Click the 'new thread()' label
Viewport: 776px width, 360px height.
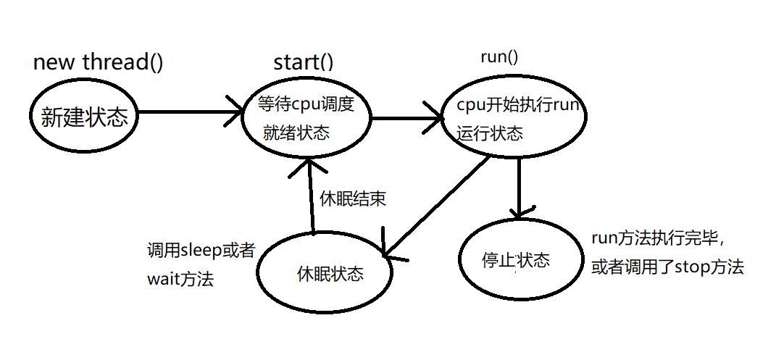[x=98, y=62]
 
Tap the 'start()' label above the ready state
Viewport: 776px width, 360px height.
[x=304, y=62]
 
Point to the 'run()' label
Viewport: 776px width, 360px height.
[x=499, y=57]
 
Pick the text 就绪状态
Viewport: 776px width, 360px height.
[x=296, y=133]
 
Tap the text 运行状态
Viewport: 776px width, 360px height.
[x=491, y=133]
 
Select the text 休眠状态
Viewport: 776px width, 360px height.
[x=330, y=275]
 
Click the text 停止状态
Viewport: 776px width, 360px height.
[x=515, y=261]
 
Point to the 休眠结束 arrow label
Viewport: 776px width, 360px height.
[x=353, y=199]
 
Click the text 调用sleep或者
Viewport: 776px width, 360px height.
[x=201, y=251]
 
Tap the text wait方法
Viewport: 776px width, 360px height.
[x=180, y=279]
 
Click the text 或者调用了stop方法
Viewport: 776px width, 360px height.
[x=667, y=267]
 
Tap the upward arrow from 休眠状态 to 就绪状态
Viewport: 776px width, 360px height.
[x=310, y=196]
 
